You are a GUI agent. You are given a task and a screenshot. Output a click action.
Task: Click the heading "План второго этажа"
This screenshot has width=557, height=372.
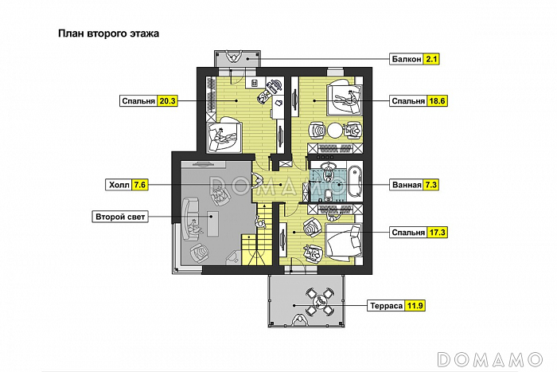click(108, 33)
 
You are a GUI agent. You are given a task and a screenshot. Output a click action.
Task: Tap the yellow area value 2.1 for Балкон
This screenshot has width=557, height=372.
click(431, 59)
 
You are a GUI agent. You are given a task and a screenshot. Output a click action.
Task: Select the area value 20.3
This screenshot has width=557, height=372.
click(167, 101)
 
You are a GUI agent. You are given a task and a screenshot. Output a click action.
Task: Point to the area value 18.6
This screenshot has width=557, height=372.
click(437, 101)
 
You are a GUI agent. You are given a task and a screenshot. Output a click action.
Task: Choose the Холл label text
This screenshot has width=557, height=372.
click(119, 185)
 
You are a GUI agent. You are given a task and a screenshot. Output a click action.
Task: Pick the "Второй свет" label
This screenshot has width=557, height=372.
click(120, 217)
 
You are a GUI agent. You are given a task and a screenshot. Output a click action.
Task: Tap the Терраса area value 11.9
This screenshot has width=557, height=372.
click(415, 306)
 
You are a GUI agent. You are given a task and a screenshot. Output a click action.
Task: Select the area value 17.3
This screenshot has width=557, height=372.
click(437, 233)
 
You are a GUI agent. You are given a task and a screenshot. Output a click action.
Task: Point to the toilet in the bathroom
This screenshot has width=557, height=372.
click(329, 194)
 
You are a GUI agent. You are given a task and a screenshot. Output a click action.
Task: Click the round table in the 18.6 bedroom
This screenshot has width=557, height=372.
click(334, 131)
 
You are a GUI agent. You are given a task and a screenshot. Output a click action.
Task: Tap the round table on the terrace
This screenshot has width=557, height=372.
click(319, 301)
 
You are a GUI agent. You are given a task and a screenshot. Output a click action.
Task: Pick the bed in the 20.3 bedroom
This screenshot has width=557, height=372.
click(224, 135)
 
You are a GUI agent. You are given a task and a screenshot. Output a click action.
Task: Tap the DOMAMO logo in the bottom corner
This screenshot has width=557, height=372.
click(490, 359)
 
